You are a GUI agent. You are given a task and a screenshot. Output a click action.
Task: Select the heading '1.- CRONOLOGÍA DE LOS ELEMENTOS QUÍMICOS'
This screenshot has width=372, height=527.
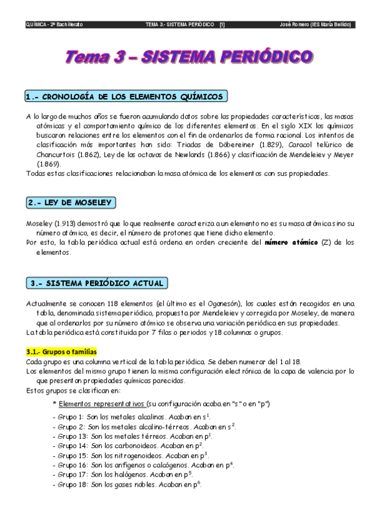tap(124, 97)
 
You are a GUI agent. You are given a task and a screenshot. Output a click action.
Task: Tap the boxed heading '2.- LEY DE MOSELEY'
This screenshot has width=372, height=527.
tap(71, 203)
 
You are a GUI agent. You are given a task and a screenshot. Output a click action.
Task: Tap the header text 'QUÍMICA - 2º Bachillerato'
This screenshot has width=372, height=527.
tap(55, 25)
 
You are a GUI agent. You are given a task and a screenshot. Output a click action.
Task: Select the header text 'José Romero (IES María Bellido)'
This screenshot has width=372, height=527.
tap(316, 25)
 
